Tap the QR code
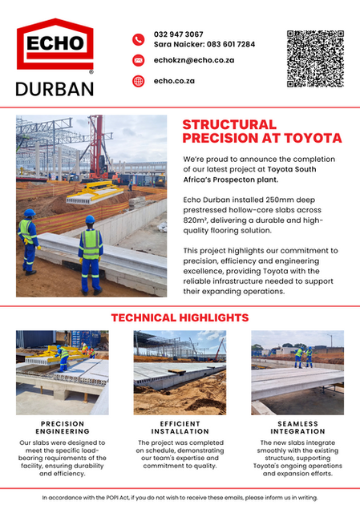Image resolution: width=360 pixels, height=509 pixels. (x=315, y=59)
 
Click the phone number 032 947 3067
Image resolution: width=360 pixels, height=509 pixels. (x=179, y=34)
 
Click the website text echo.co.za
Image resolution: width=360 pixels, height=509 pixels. (x=175, y=81)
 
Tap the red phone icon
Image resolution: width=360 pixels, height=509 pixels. (x=138, y=39)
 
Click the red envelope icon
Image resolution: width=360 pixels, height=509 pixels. (x=138, y=60)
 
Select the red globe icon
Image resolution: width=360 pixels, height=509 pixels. (x=138, y=81)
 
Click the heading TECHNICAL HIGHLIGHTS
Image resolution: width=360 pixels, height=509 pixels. (x=180, y=317)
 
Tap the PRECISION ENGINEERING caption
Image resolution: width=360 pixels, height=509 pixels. (x=62, y=429)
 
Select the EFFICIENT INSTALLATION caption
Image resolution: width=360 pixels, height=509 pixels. (x=180, y=429)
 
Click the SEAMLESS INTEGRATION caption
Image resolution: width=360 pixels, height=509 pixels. (x=297, y=429)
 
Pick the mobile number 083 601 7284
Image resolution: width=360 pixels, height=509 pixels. (x=229, y=44)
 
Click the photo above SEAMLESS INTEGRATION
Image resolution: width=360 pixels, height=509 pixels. (x=297, y=372)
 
